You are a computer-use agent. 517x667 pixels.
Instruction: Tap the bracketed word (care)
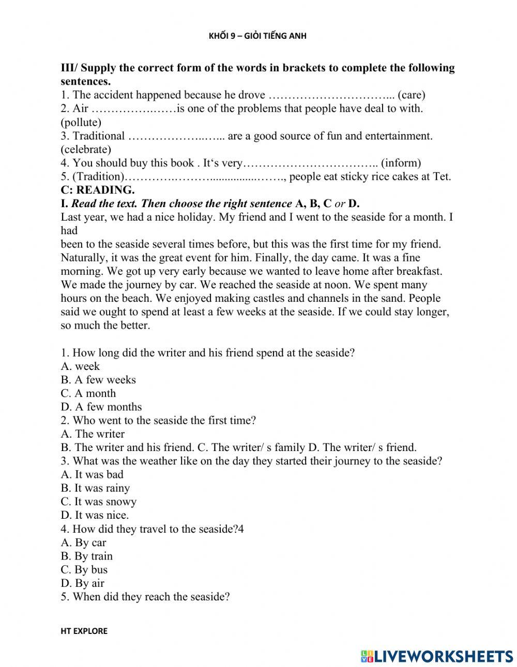coord(411,95)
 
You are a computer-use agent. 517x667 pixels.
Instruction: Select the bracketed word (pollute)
coord(81,122)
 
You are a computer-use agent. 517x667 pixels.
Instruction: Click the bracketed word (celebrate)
coord(86,149)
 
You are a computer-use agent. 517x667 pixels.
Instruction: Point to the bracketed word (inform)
coord(401,163)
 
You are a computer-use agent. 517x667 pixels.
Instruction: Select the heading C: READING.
coord(97,190)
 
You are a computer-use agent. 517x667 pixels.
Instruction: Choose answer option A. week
coord(80,366)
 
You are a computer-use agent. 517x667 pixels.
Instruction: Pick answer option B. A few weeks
coord(98,380)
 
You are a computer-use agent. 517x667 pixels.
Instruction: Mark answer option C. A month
coord(88,393)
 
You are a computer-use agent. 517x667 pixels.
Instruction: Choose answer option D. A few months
coord(101,407)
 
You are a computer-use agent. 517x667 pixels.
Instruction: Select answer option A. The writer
coord(93,434)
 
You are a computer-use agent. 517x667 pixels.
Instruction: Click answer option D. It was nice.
coord(95,515)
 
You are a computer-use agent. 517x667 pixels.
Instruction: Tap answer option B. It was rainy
coord(95,488)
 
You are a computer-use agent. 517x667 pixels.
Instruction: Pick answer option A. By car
coord(83,542)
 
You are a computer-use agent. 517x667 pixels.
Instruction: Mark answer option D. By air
coord(82,583)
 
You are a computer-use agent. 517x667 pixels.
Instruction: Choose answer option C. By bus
coord(84,570)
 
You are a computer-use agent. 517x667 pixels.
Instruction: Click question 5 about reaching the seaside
coord(145,597)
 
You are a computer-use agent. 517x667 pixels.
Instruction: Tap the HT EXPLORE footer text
coord(84,631)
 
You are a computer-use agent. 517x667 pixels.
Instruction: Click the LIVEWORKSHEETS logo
coord(437,656)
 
